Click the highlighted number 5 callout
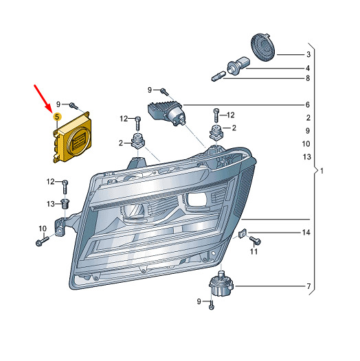57,117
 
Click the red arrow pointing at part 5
43,98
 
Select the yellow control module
71,137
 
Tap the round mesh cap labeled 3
263,47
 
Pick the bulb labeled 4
238,66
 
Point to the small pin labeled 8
218,76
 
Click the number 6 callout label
308,105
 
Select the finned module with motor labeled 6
166,113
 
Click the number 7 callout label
308,286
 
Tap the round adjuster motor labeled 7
221,283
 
